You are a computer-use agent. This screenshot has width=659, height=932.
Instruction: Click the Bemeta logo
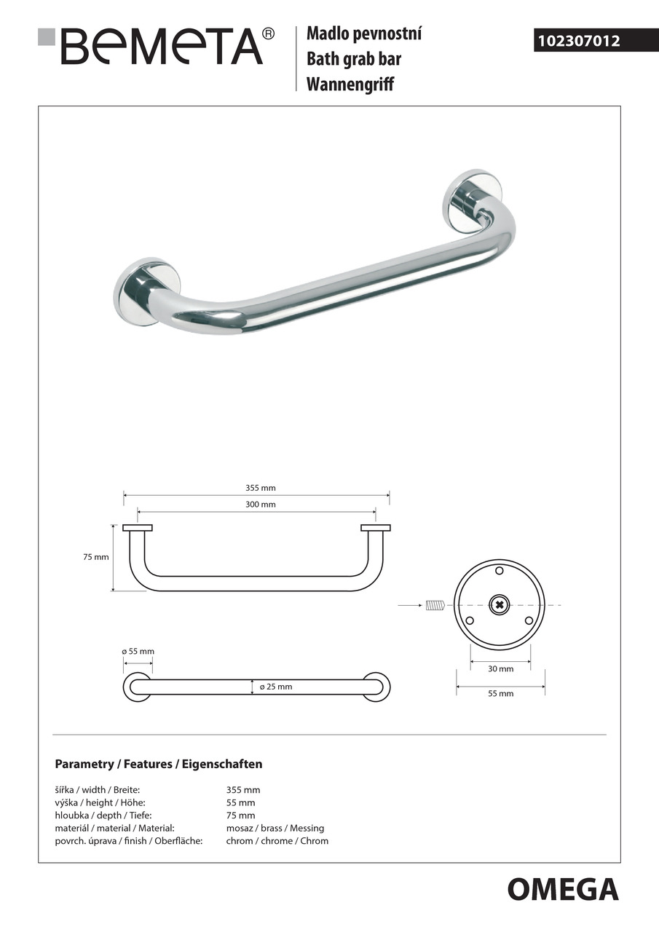coord(157,47)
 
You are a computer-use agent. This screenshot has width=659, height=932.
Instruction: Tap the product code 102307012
coord(579,41)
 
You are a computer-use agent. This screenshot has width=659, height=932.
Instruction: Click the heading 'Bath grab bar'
coord(353,59)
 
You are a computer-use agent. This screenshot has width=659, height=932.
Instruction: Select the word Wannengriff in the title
coord(350,84)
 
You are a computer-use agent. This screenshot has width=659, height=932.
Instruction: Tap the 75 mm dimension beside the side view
coord(96,557)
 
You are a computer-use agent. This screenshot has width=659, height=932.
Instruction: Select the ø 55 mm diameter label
coord(138,652)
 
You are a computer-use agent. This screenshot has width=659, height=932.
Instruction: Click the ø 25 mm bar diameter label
coord(276,687)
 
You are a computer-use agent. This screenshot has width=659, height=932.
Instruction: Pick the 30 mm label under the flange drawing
coord(500,668)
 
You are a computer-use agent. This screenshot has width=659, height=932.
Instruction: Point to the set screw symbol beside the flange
coord(435,604)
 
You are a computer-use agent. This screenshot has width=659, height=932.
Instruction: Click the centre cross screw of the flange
coord(499,604)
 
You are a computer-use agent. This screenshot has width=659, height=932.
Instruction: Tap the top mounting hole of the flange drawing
coord(499,570)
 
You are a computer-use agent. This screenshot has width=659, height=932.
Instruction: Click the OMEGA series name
coord(562,889)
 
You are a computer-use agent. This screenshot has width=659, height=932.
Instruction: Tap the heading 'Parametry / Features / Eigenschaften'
coord(159,765)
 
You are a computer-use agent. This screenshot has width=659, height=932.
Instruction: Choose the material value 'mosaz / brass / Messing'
coord(275,828)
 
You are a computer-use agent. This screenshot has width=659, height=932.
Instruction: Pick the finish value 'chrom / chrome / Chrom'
coord(277,841)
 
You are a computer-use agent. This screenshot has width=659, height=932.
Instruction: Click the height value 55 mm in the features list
coord(242,802)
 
